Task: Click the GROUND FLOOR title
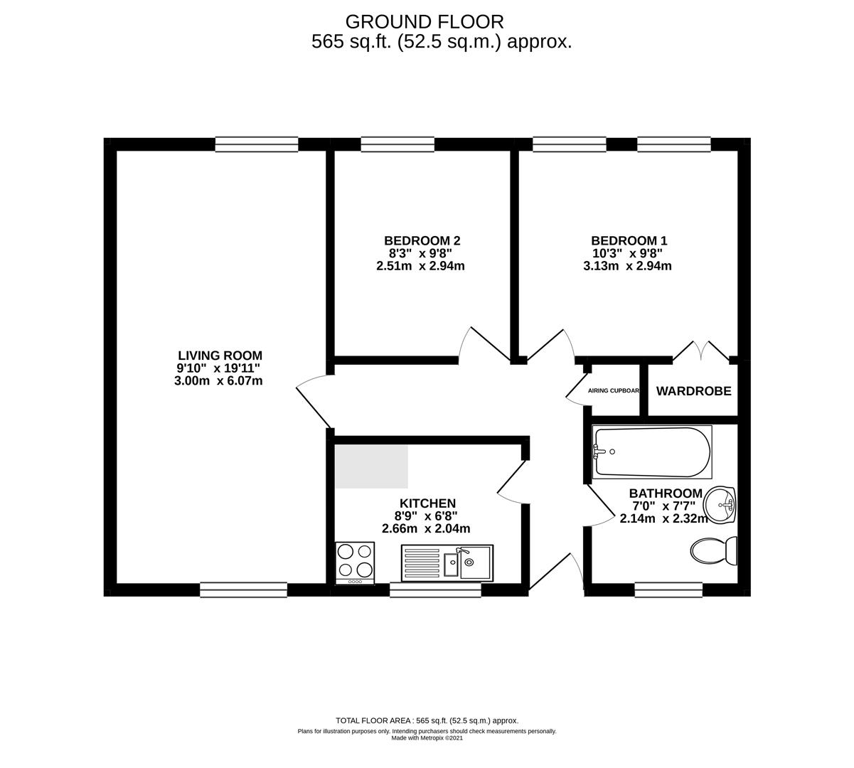[425, 22]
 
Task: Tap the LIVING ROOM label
[220, 356]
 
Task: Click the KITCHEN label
[427, 503]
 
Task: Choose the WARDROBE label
[693, 391]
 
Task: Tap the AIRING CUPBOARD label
[613, 391]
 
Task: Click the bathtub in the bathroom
[651, 452]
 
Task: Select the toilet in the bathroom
[713, 550]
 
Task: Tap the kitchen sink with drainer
[447, 563]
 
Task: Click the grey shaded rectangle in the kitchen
[371, 467]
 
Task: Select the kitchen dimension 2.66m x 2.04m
[426, 528]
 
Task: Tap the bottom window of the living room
[244, 590]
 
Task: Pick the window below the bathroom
[668, 590]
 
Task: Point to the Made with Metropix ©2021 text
[427, 738]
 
